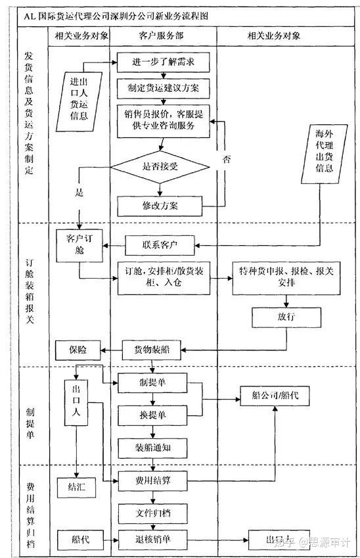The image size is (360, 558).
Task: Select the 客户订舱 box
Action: click(x=77, y=243)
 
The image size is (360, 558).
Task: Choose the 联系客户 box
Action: click(x=160, y=246)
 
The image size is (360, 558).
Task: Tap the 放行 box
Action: click(x=285, y=317)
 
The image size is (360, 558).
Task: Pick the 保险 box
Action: click(x=77, y=349)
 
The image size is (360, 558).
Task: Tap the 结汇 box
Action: click(x=77, y=487)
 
